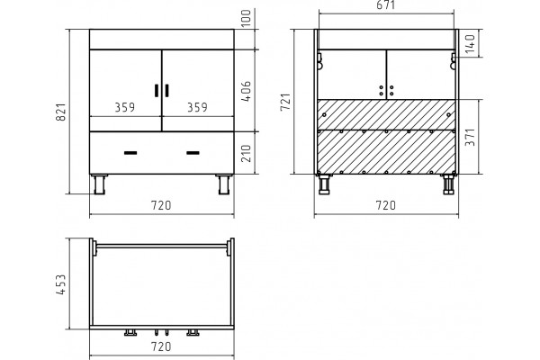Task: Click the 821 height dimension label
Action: tap(60, 112)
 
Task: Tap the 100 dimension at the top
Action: tap(247, 18)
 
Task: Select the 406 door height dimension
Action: tap(247, 91)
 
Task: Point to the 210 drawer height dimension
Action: tap(247, 153)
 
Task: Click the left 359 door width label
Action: tap(125, 107)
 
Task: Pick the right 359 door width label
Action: tap(197, 107)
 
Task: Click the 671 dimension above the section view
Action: tap(386, 5)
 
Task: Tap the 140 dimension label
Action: tap(470, 43)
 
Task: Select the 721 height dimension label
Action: tap(285, 102)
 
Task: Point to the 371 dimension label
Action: tap(470, 137)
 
